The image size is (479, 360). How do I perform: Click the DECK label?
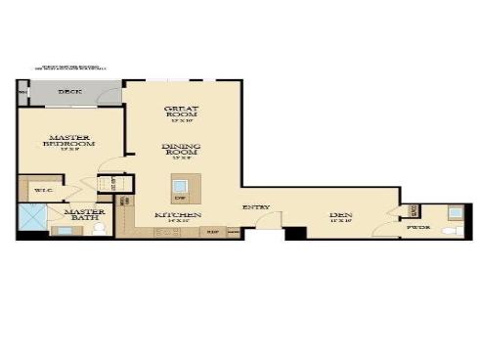[x=69, y=92]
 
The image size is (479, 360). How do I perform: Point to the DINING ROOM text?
[x=182, y=152]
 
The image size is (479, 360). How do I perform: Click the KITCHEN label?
[x=178, y=214]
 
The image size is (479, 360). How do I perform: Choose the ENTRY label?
[x=256, y=207]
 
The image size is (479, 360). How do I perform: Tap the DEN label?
[x=340, y=215]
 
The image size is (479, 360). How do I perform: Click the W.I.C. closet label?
[x=43, y=190]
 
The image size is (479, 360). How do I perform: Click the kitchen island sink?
[x=181, y=184]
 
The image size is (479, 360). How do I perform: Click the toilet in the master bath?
[x=99, y=230]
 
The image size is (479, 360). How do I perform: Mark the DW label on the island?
[x=181, y=198]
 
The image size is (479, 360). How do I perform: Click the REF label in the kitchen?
[x=212, y=231]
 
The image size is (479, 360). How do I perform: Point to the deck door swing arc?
[x=106, y=96]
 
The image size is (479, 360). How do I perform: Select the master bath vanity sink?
[x=64, y=232]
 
